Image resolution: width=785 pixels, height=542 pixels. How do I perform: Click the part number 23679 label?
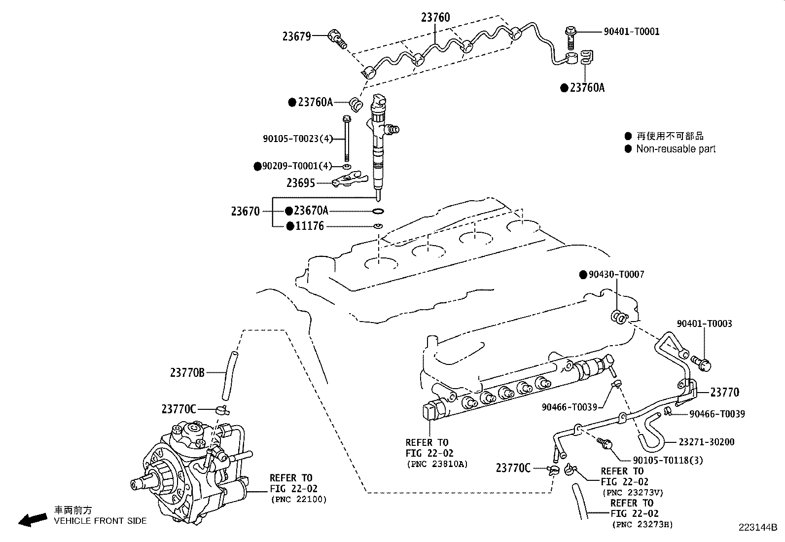[x=296, y=36]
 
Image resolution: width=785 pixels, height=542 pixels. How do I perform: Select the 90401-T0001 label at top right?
[x=631, y=32]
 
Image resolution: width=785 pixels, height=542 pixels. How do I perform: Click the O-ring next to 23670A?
[x=378, y=212]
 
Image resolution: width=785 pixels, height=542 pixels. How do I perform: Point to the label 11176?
[x=310, y=226]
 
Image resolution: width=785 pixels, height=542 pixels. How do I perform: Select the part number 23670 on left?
[x=245, y=212]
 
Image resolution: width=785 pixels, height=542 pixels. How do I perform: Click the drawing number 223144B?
[x=757, y=528]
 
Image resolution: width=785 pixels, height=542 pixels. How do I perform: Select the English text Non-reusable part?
[x=676, y=149]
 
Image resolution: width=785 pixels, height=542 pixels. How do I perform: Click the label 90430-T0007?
[x=616, y=274]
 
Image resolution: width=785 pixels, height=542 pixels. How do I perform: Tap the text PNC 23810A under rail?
[x=436, y=464]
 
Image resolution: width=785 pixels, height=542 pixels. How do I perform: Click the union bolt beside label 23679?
[x=338, y=39]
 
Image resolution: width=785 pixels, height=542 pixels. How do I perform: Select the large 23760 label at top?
[x=435, y=18]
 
